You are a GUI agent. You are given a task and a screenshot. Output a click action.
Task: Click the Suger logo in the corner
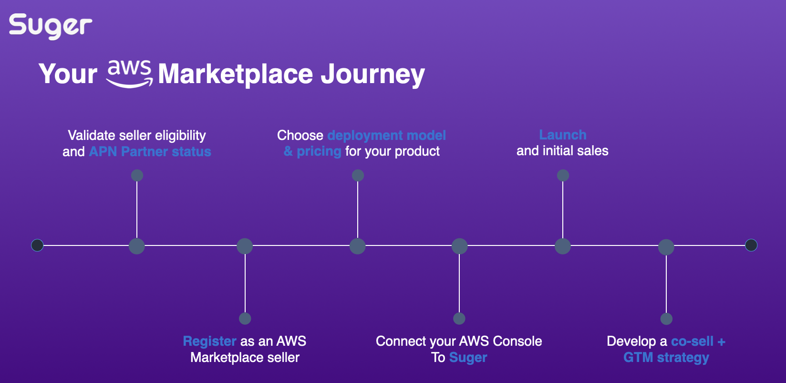51,26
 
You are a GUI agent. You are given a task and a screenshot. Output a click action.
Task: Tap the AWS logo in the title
129,74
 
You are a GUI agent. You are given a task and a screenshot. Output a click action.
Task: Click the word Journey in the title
372,74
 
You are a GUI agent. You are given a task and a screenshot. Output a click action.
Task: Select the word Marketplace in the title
235,74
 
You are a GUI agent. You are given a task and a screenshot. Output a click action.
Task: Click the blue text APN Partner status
150,152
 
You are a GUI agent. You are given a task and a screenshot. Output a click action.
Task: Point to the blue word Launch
563,135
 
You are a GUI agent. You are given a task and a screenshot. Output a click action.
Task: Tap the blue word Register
209,341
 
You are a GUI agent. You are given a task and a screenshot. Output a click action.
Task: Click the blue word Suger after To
468,358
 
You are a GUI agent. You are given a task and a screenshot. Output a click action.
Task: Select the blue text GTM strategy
666,358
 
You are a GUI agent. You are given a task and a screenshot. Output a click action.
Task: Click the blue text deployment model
387,135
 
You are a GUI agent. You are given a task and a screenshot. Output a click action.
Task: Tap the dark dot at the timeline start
37,245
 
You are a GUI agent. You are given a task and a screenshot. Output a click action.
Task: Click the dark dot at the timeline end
751,245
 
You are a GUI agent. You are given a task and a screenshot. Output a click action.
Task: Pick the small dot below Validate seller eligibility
137,175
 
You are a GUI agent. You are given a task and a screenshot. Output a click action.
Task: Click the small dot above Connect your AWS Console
459,319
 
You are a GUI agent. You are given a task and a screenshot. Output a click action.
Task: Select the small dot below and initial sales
563,175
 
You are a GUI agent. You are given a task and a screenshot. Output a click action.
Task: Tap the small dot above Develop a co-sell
666,319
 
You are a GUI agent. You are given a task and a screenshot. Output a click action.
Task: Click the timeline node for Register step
245,246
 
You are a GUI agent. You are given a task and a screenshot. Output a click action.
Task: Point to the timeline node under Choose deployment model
358,246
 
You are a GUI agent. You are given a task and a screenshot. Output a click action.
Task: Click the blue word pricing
319,151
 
